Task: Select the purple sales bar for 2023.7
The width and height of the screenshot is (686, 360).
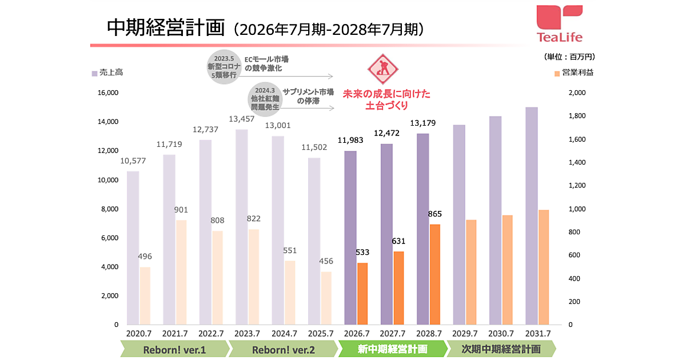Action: (242, 227)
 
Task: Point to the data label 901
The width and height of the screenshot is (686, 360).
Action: (181, 210)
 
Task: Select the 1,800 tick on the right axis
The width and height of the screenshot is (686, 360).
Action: (577, 116)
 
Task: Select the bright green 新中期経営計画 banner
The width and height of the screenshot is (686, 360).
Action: (392, 349)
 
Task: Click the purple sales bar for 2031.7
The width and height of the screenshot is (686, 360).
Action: (532, 216)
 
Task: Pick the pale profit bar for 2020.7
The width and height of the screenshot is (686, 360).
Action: (145, 295)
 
